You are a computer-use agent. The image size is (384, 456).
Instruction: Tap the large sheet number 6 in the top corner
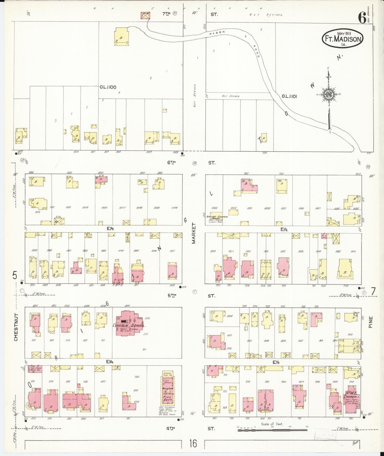(x=362, y=18)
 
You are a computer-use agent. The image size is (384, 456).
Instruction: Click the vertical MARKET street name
(x=193, y=233)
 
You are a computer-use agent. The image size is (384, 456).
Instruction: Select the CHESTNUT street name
(x=16, y=327)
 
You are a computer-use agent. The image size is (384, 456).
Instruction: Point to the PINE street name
(x=371, y=322)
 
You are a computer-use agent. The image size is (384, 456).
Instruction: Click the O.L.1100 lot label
(x=108, y=87)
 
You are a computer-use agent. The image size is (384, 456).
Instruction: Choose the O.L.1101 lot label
(x=289, y=96)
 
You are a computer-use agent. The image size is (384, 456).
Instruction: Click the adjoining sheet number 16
(x=193, y=443)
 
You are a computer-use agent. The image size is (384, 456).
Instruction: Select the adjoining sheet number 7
(x=373, y=292)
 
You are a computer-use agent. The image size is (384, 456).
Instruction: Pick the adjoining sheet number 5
(x=15, y=275)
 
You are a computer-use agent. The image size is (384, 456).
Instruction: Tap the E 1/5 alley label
(x=110, y=228)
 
